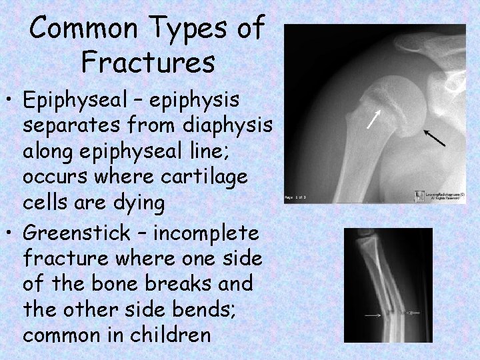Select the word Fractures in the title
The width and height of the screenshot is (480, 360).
(147, 63)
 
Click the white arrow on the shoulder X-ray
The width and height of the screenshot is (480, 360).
(376, 119)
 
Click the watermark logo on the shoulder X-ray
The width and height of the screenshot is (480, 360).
(418, 195)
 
